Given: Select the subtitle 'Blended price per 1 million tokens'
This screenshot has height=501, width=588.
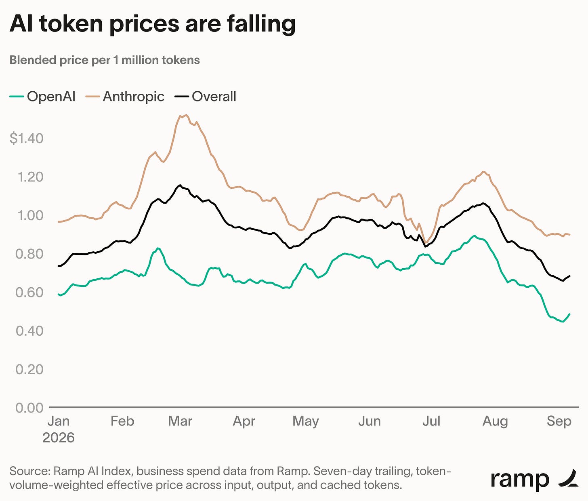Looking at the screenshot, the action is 105,60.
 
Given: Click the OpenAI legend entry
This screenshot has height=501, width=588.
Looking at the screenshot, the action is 43,96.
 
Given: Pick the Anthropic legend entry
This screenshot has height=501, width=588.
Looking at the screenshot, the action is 125,96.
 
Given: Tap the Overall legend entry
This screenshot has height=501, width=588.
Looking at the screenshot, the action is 206,96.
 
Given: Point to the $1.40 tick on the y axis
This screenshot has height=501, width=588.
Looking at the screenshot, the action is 27,138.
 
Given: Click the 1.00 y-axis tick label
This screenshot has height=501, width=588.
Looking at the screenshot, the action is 30,215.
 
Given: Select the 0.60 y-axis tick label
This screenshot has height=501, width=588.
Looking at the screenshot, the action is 29,293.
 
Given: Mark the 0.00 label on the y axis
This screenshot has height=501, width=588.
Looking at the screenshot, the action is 29,408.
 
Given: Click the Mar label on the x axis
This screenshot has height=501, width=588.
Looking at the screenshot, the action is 180,421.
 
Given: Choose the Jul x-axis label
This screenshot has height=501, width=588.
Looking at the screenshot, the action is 431,421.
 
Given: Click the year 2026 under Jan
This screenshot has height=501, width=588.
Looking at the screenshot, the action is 59,438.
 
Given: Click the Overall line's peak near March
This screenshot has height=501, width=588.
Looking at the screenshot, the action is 180,185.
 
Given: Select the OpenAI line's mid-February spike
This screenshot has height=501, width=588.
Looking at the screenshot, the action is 158,248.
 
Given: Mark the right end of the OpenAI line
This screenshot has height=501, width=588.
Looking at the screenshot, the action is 569,314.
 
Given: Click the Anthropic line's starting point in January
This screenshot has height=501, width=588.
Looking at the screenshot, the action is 59,221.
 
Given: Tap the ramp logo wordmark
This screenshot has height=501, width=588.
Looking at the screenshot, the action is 520,480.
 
